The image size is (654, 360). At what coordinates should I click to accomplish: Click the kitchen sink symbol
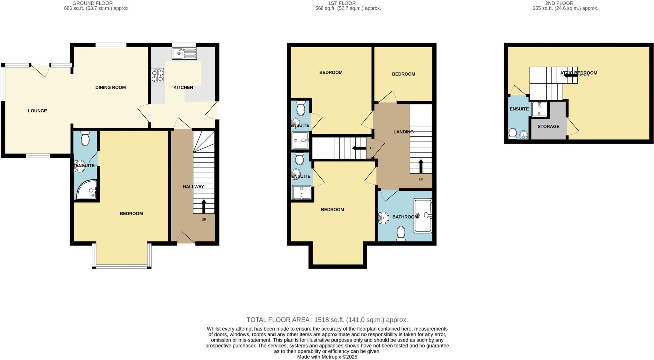pos(184,53)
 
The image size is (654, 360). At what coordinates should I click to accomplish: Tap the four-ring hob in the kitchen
pos(157,75)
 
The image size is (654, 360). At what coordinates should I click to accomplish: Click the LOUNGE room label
pos(37,111)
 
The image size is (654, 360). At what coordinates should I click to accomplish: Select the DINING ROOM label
pos(110,87)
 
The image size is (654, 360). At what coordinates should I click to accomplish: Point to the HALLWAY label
pos(193,187)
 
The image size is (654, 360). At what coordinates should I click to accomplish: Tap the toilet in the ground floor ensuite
pos(85,139)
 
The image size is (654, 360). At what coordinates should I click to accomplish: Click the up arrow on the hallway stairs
pos(204,206)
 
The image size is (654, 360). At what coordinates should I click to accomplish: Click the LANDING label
pos(403,132)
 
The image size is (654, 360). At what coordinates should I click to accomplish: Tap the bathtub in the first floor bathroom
pos(423,215)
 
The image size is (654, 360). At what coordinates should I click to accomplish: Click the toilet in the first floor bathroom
pos(400,234)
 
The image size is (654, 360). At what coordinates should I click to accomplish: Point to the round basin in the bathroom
pos(383,218)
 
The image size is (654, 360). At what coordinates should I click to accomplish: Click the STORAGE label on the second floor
pos(548,126)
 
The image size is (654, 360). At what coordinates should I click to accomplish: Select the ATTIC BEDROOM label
pos(579,73)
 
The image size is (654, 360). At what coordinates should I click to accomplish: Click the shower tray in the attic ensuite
pos(539,109)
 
